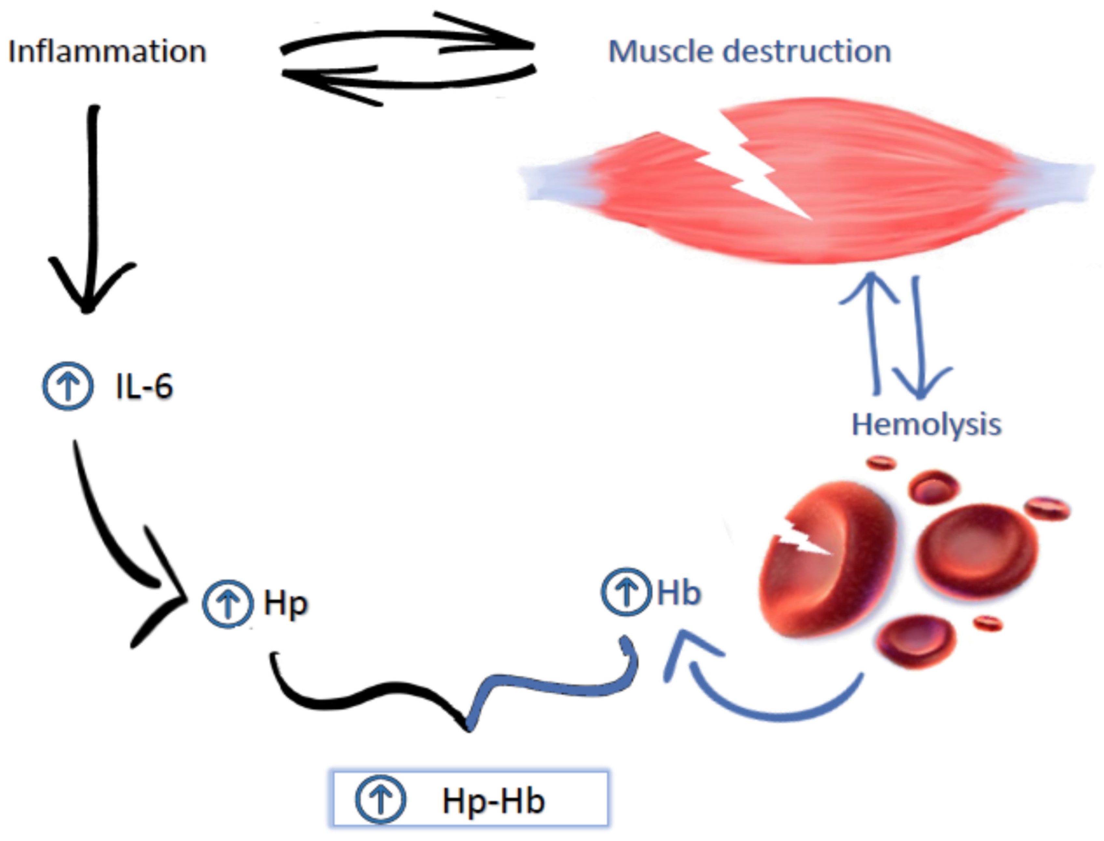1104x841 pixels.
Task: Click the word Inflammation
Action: click(107, 51)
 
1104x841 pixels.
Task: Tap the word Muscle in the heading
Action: click(660, 51)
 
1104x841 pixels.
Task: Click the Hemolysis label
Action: click(926, 425)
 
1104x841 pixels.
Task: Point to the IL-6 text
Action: click(144, 386)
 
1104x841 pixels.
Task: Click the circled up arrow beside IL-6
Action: click(68, 386)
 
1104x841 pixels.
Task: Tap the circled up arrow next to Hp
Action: click(228, 603)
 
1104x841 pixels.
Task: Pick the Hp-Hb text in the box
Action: click(493, 800)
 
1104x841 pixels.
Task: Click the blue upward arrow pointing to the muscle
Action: click(873, 330)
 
